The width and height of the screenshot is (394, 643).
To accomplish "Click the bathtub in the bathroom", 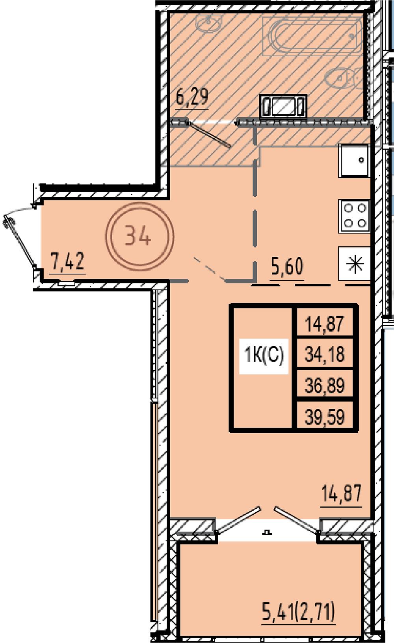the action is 312,36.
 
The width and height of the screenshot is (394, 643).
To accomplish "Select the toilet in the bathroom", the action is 344,78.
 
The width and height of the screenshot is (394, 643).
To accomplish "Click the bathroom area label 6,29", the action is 192,98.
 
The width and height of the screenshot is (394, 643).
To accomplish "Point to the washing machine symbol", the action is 283,106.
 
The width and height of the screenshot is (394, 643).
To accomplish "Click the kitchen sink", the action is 354,161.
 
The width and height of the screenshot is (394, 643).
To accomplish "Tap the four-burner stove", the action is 354,216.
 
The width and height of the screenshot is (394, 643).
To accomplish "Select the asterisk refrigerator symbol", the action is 355,263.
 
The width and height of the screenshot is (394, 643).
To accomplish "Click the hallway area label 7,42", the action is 67,261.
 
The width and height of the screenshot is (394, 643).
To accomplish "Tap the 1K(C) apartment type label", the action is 264,355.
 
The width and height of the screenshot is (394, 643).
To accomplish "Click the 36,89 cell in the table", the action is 325,385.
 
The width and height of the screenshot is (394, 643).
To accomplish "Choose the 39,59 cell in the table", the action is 325,417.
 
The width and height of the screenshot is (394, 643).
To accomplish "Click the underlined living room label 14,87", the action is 342,493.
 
